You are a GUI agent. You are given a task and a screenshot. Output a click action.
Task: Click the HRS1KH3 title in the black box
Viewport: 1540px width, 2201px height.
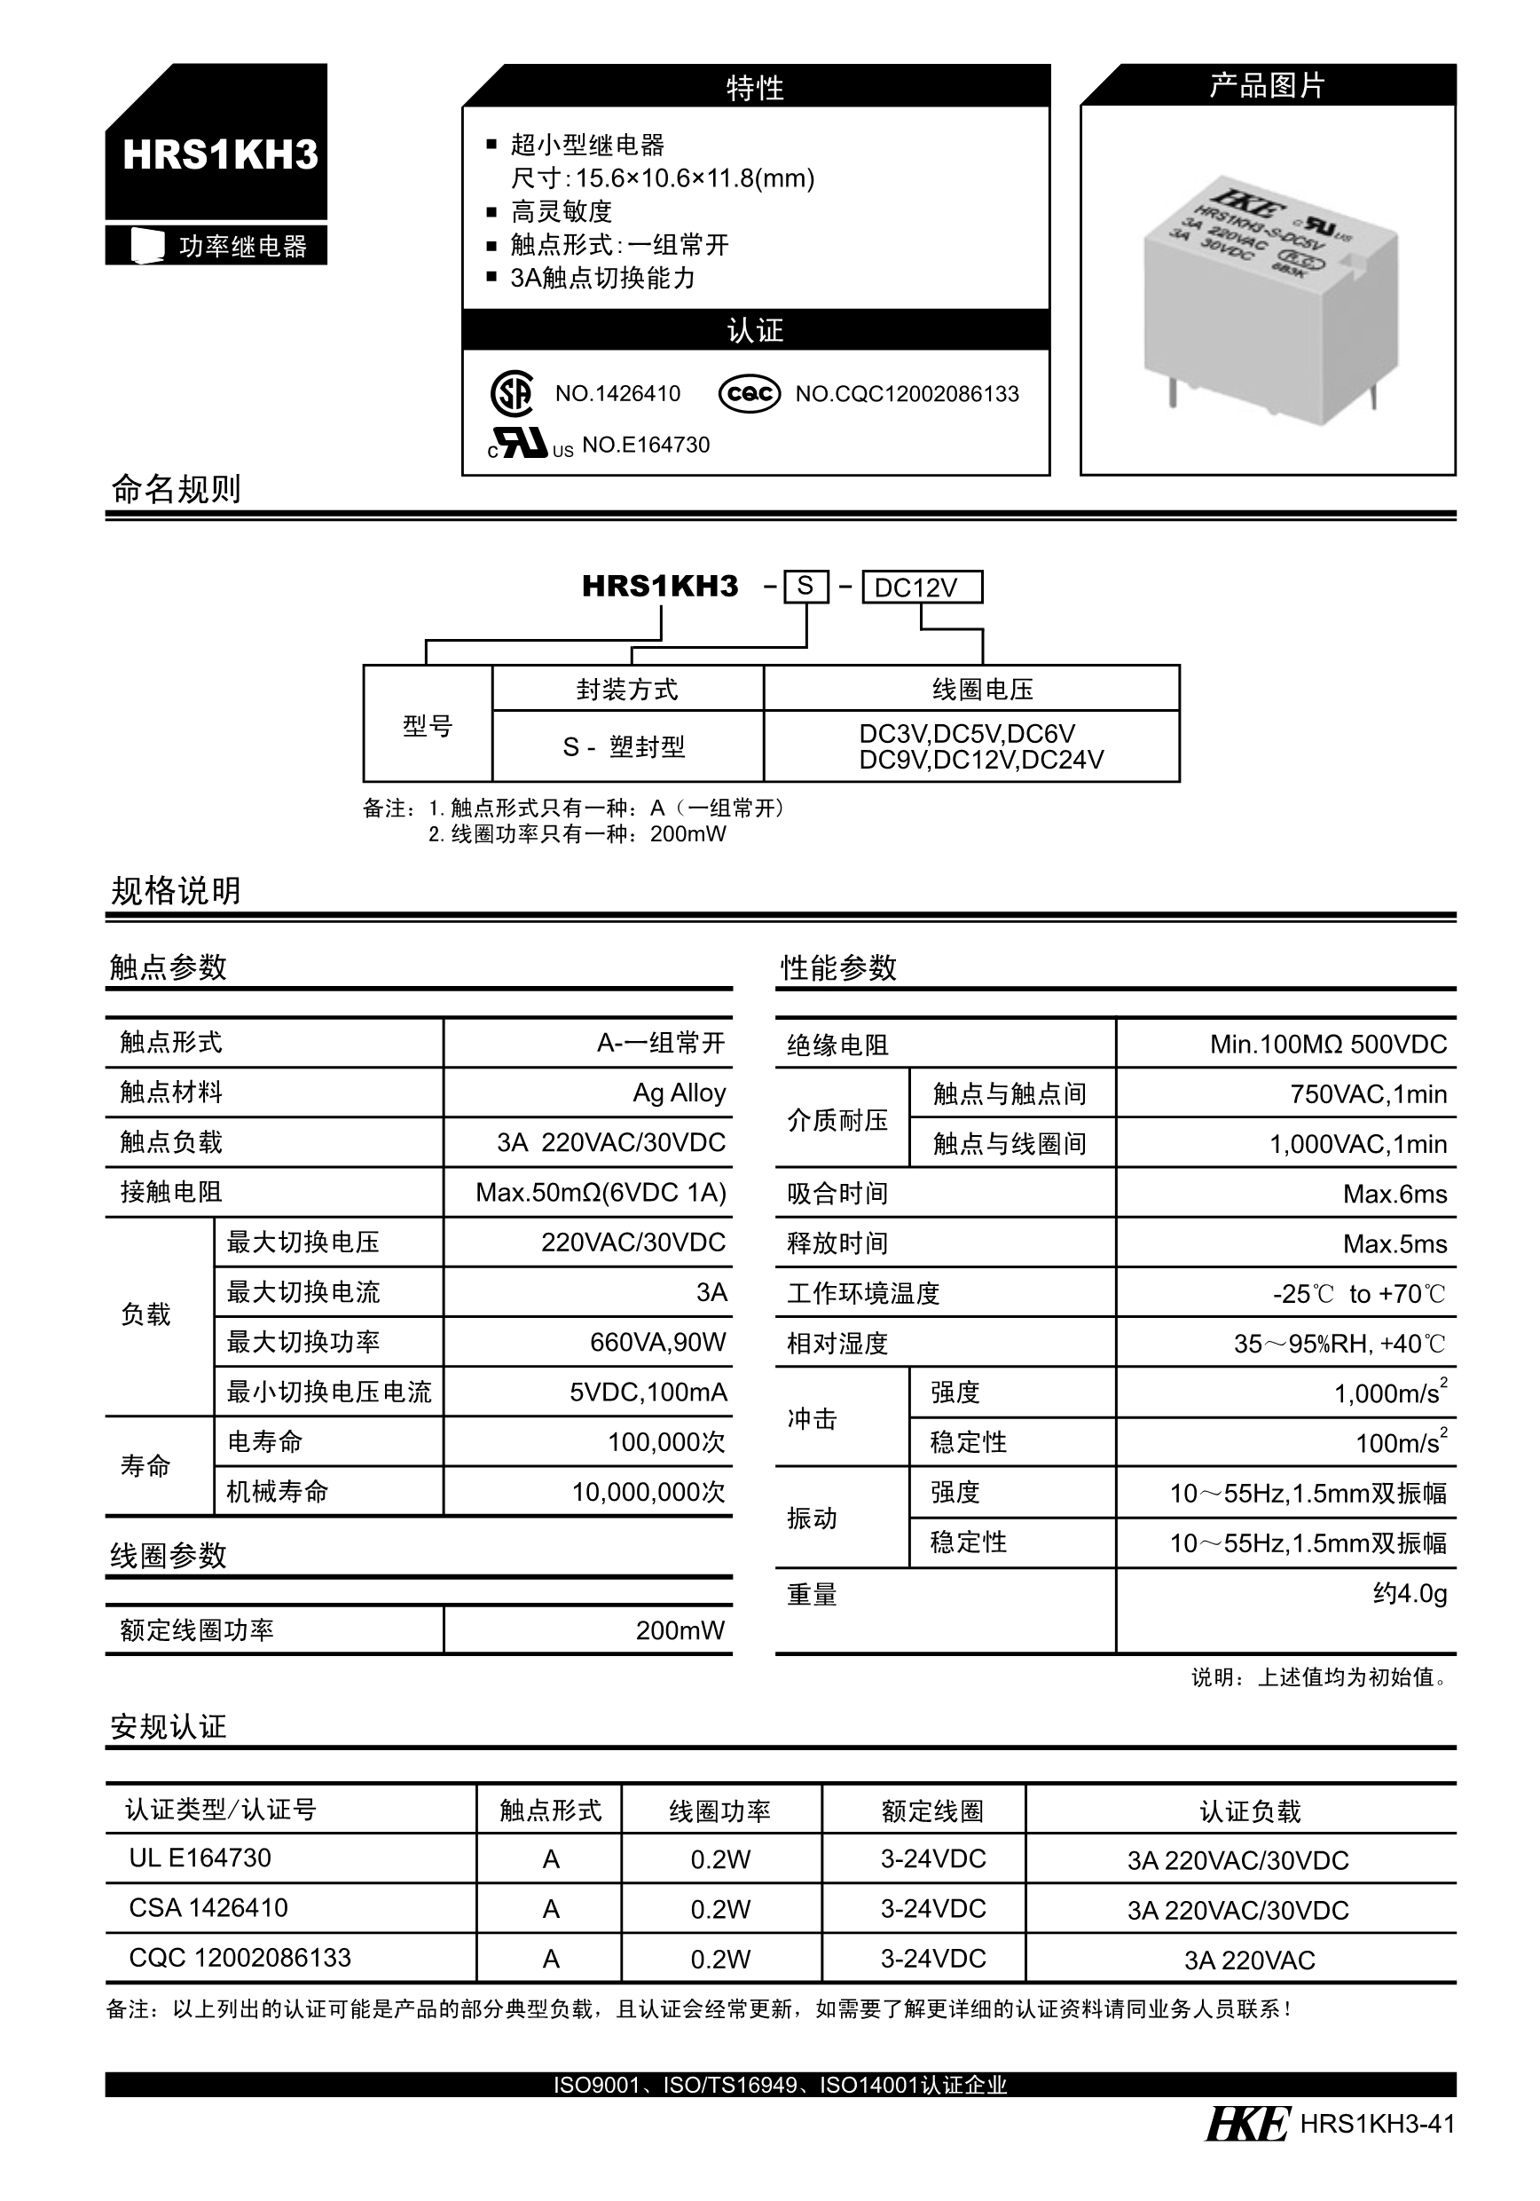[x=219, y=155]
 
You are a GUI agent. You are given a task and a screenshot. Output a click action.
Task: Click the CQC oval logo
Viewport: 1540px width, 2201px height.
[x=750, y=393]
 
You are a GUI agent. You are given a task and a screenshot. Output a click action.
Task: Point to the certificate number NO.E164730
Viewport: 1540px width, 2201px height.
[x=645, y=445]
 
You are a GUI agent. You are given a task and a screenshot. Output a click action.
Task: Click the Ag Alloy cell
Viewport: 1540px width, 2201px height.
[x=679, y=1093]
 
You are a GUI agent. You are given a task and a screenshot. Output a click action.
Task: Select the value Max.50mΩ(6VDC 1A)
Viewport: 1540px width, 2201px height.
[x=601, y=1193]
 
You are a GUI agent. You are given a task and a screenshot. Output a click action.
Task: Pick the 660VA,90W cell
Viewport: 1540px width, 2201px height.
[x=657, y=1342]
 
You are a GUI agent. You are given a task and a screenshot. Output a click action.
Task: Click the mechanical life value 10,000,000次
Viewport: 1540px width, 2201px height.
[x=648, y=1492]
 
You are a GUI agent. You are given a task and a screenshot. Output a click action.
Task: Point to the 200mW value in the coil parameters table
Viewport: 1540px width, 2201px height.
[x=680, y=1630]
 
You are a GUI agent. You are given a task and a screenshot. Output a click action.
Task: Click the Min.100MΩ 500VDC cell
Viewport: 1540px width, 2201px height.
[x=1327, y=1044]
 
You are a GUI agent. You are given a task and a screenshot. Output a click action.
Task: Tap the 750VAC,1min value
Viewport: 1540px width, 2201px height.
[x=1368, y=1093]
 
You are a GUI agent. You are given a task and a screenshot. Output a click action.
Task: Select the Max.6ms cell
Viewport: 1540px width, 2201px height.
[x=1395, y=1194]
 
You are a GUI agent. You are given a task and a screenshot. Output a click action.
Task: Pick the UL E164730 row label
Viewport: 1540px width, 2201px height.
[x=200, y=1858]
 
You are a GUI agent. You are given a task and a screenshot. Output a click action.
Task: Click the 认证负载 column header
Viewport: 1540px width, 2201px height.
[x=1250, y=1810]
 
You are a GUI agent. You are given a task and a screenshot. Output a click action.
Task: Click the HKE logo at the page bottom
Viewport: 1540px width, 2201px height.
[x=1245, y=2125]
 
